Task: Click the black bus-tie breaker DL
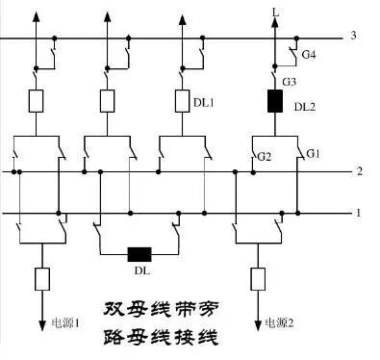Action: click(x=140, y=255)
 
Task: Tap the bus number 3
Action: click(x=355, y=37)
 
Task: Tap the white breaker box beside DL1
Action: click(x=182, y=99)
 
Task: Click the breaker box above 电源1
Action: click(x=42, y=281)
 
